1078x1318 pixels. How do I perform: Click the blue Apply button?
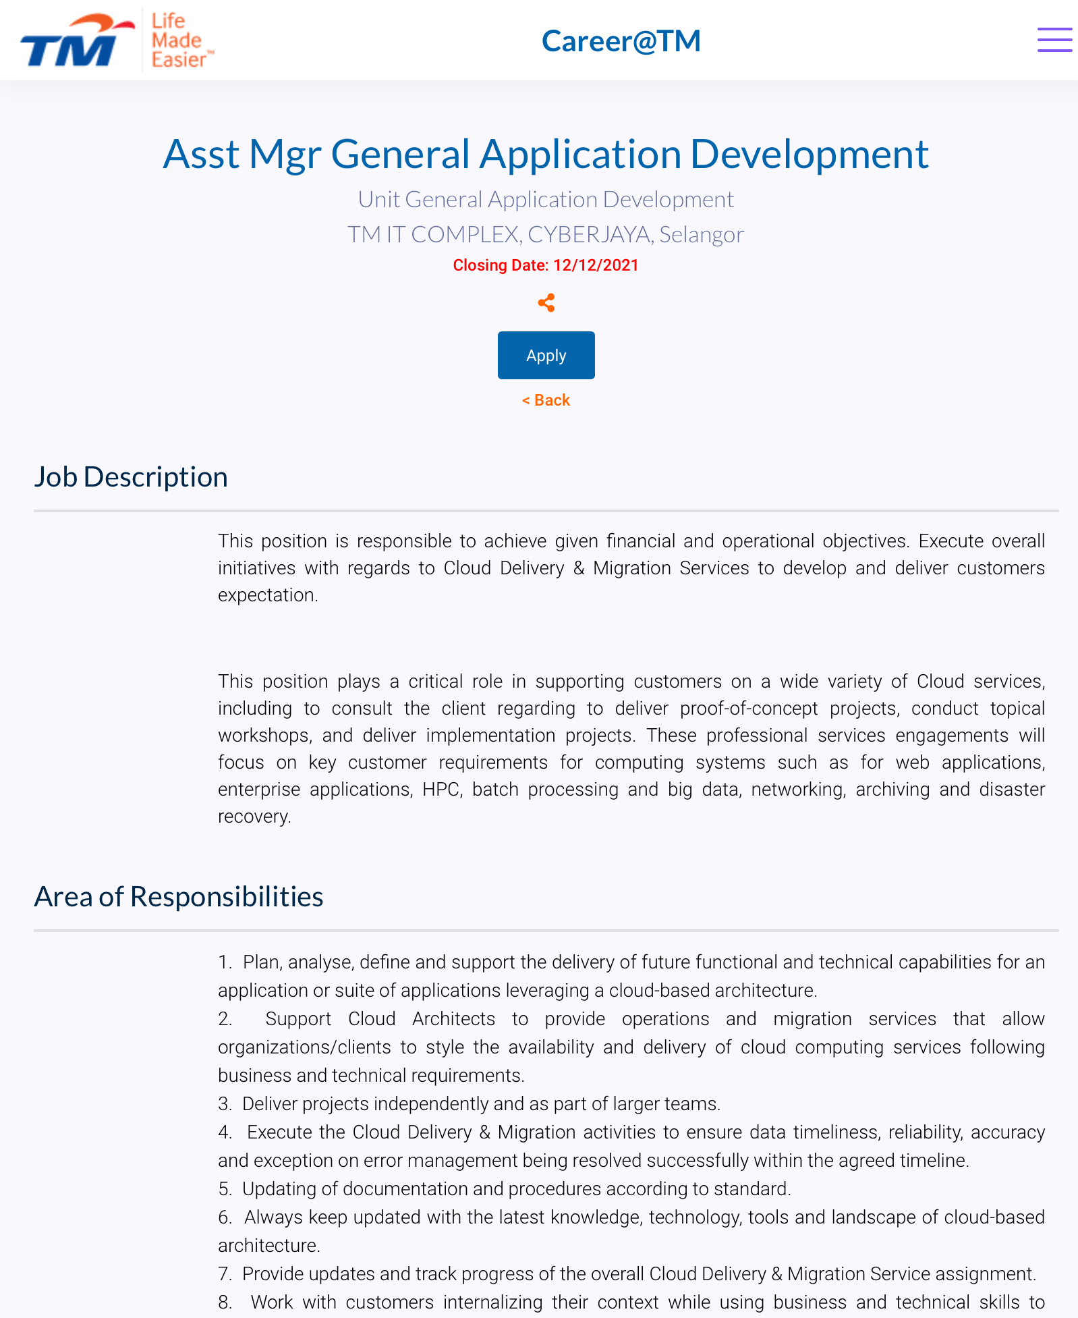[546, 355]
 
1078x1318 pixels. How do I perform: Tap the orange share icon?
[546, 303]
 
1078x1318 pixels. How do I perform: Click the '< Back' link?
[546, 400]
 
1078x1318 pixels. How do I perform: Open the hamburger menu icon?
[1054, 40]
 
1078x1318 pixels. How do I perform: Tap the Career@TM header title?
[621, 40]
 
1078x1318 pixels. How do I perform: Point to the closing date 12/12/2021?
[596, 265]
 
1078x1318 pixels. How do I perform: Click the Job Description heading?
[131, 476]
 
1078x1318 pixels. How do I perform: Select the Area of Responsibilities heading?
[179, 896]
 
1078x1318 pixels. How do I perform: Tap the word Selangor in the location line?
[702, 234]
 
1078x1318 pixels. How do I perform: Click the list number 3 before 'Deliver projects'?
[225, 1104]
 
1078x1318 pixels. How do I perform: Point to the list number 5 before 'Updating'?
[225, 1189]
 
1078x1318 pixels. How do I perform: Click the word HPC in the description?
[442, 790]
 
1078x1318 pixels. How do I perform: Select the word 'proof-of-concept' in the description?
[749, 709]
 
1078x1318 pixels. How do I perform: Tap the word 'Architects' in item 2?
[453, 1019]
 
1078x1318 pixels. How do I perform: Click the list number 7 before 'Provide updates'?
[225, 1274]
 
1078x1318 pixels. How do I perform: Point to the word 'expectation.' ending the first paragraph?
[268, 595]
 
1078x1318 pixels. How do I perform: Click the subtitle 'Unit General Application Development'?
[546, 199]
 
